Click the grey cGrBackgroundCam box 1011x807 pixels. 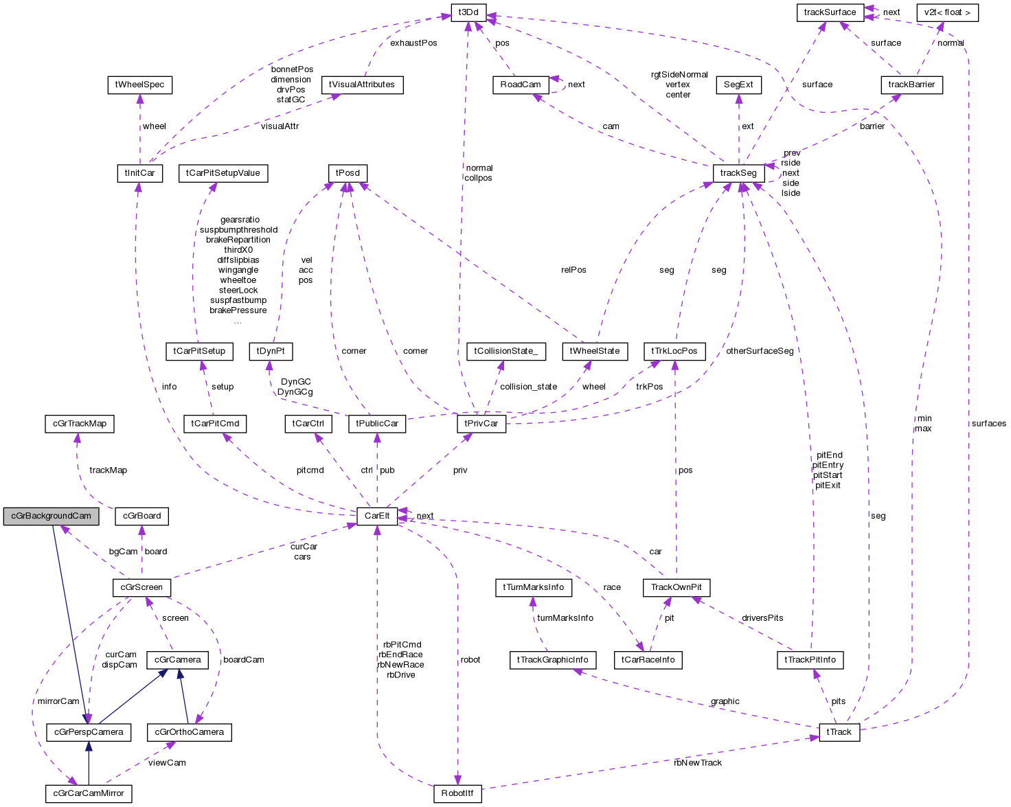point(51,516)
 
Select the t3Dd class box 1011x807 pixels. point(469,12)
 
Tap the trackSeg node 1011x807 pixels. point(738,173)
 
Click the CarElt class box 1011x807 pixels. point(377,516)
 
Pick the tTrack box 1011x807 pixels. point(839,732)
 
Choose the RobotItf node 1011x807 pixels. point(457,794)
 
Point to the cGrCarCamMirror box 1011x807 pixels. point(89,794)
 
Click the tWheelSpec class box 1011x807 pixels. point(140,84)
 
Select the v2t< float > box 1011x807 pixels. point(947,12)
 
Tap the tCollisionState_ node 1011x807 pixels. point(505,351)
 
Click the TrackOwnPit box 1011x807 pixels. point(676,587)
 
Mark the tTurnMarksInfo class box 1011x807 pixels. point(533,587)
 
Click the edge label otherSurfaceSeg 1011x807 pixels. point(760,351)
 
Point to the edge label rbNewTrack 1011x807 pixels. point(698,763)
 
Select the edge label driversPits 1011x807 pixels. point(762,618)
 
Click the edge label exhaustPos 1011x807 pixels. point(413,43)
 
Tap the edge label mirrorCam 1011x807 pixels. point(58,701)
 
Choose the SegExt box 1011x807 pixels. point(738,84)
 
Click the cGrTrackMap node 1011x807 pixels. point(80,424)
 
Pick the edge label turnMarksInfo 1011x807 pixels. point(565,618)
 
